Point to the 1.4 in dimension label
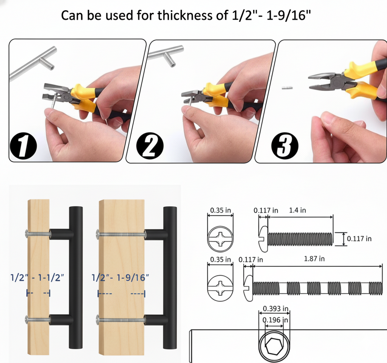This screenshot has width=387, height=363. [297, 210]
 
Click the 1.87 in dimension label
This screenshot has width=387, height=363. [314, 259]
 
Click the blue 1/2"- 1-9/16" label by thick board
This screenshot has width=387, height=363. [121, 278]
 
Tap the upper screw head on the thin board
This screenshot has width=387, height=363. [27, 234]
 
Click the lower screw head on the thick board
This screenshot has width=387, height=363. [98, 321]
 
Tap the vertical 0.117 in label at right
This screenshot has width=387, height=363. [359, 238]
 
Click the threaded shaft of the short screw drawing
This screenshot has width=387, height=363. [300, 239]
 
